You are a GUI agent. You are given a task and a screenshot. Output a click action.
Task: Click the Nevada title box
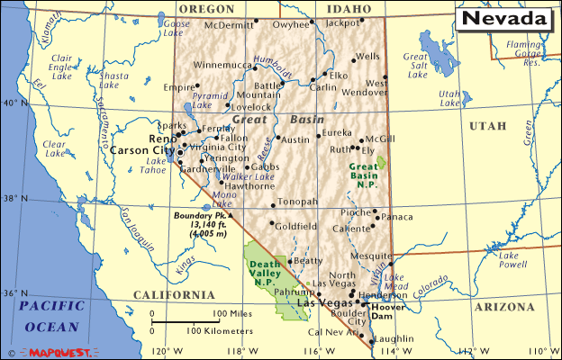(506, 18)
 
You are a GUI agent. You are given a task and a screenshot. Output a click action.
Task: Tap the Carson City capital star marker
(180, 152)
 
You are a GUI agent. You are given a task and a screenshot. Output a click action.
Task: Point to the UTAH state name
(487, 126)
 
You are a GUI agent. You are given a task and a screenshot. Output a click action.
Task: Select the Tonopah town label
(296, 202)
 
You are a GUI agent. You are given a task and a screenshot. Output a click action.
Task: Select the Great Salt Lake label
(416, 66)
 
